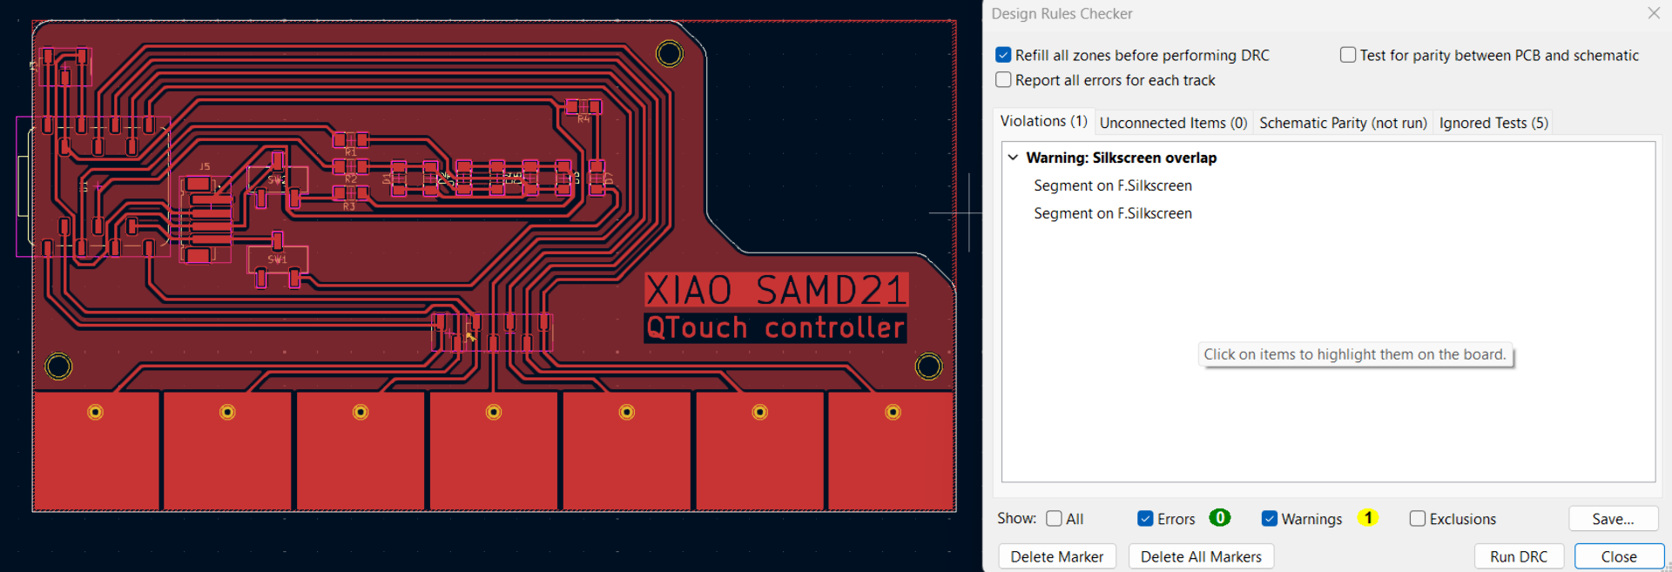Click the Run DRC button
[1519, 556]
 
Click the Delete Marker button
[1056, 556]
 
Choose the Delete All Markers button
[1201, 556]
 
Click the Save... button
[1613, 519]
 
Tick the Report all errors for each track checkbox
[1004, 80]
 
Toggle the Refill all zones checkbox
[1004, 55]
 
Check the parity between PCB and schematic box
[1348, 55]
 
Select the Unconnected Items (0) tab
[1173, 123]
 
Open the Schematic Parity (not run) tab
[1343, 123]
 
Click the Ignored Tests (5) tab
[1493, 123]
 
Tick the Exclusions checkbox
[1418, 519]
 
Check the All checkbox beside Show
[1054, 519]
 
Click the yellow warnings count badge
[1368, 518]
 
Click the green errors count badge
[1220, 518]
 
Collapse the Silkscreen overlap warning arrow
[1013, 158]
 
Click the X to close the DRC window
[1654, 13]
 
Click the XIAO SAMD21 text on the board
[776, 290]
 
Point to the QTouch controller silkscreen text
[775, 328]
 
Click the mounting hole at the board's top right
[670, 54]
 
